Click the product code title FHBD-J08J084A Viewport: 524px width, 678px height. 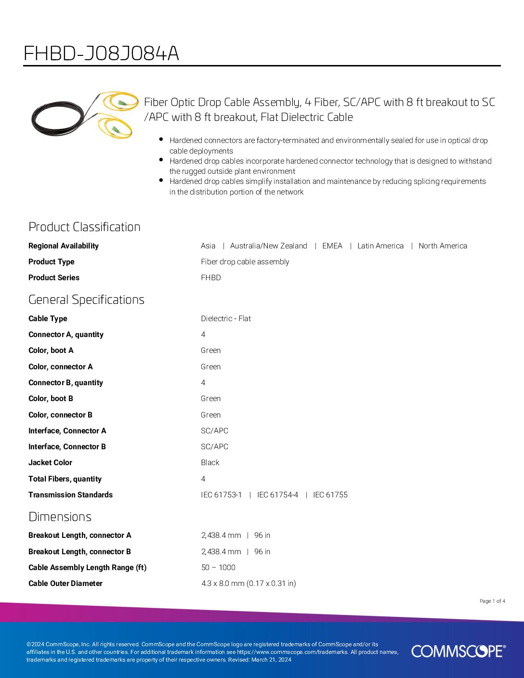(x=101, y=53)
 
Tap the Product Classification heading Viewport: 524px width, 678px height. (x=84, y=227)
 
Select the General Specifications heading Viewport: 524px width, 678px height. (x=86, y=300)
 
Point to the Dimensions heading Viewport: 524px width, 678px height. (x=60, y=517)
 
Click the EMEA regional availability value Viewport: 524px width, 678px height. (x=332, y=246)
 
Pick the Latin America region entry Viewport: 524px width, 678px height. (x=380, y=246)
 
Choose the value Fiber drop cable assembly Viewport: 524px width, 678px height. (x=245, y=261)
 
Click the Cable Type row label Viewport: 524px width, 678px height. (x=48, y=318)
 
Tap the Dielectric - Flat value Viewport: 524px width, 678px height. (x=225, y=318)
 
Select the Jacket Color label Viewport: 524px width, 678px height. (x=50, y=462)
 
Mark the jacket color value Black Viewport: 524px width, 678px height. (x=210, y=462)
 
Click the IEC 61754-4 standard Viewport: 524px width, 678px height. (x=277, y=495)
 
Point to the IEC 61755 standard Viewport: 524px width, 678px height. (x=330, y=495)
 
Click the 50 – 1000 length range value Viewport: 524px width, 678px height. (x=218, y=567)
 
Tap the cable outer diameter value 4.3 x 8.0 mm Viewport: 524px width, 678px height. (x=248, y=583)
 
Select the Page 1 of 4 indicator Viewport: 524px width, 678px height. (x=492, y=601)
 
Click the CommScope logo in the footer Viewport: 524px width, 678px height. (x=458, y=651)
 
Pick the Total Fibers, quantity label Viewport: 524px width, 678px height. (x=65, y=479)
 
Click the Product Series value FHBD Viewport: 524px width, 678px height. (x=210, y=277)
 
